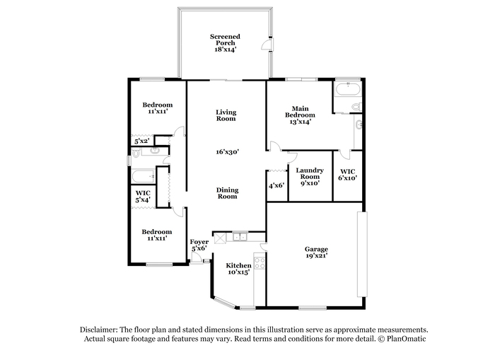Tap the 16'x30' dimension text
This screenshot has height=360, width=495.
tap(227, 152)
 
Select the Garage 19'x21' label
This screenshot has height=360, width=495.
tap(316, 252)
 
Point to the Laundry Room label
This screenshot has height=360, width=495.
tap(310, 173)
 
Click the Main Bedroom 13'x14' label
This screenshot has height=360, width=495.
tap(301, 115)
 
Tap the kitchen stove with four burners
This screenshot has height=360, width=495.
tap(260, 263)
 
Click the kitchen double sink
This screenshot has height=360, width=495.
tap(240, 236)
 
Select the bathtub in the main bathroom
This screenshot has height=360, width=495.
tap(348, 88)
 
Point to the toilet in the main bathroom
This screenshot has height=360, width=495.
tap(356, 106)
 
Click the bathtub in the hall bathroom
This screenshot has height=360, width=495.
tap(144, 176)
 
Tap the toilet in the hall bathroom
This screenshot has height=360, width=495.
tap(136, 153)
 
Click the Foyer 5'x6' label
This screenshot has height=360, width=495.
tap(199, 245)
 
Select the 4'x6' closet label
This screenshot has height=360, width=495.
tap(276, 185)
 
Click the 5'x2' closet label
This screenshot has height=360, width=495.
tap(141, 141)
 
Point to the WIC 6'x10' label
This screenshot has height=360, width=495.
tap(348, 175)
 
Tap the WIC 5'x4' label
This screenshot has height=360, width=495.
tap(143, 196)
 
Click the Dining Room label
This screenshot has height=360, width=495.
tap(227, 193)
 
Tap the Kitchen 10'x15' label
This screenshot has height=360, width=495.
tap(239, 269)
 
